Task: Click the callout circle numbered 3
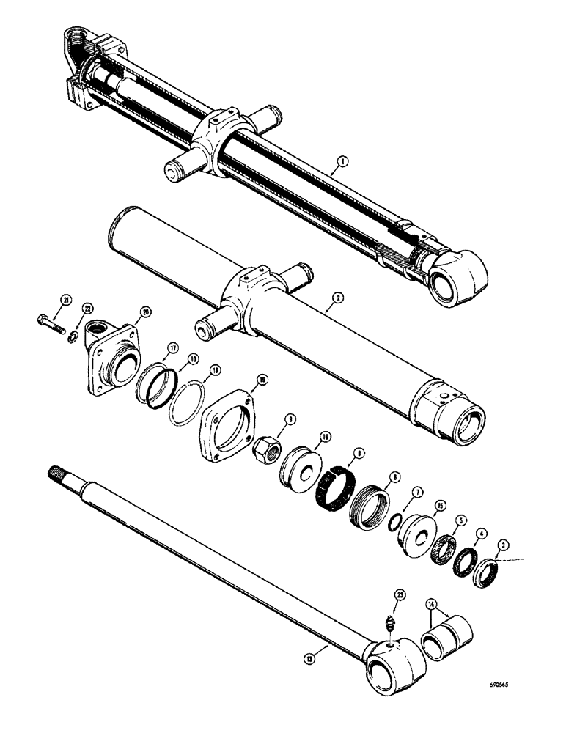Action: pyautogui.click(x=502, y=545)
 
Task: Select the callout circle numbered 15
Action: pyautogui.click(x=440, y=505)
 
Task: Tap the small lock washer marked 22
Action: pyautogui.click(x=74, y=335)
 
